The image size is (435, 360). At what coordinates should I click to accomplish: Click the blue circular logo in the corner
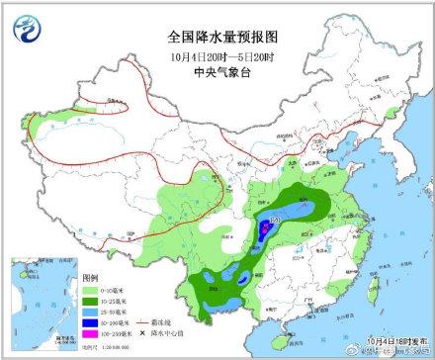tap(31, 29)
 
